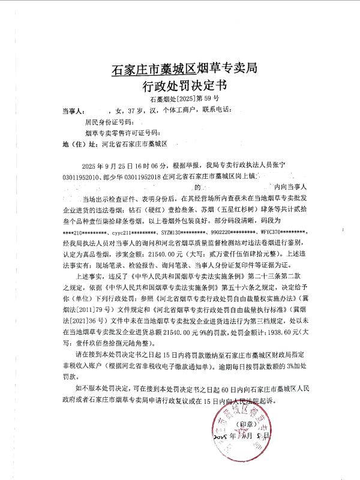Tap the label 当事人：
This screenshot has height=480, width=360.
[73, 111]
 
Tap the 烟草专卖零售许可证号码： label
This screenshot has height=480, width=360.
[123, 133]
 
